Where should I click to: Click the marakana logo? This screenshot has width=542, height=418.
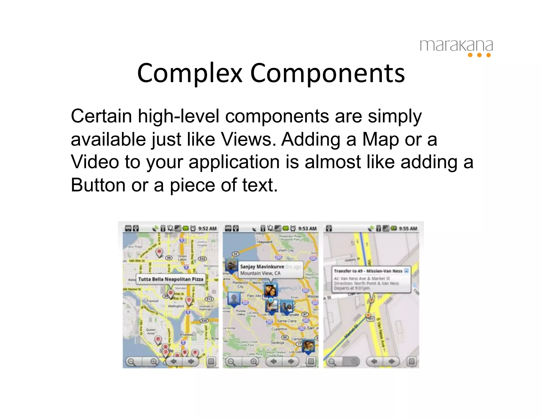point(456,48)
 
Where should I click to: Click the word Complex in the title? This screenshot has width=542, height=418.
point(189,73)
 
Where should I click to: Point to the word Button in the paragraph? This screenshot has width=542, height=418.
point(98,185)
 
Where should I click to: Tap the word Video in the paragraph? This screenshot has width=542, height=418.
point(95,162)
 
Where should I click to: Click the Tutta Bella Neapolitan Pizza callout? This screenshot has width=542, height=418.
point(171,279)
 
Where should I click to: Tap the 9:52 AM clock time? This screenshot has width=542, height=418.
point(207,229)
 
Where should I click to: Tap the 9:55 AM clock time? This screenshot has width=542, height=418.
point(408,229)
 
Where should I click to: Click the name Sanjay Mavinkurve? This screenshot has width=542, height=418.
point(262,267)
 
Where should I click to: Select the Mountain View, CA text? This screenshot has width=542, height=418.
point(260,273)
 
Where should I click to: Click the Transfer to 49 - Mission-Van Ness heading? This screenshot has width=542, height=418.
point(368,271)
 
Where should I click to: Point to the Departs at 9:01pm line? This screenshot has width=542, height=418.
point(351,288)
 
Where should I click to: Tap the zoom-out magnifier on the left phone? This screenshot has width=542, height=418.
point(131,361)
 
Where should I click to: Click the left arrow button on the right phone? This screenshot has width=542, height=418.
point(374,361)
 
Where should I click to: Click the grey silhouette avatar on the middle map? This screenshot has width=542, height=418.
point(234,299)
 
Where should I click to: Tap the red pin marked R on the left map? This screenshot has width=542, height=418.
point(159,252)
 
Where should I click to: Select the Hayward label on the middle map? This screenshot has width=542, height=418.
point(264,242)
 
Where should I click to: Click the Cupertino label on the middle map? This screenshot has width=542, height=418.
point(279,329)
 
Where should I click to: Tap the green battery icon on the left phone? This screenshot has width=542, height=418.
point(186,228)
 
